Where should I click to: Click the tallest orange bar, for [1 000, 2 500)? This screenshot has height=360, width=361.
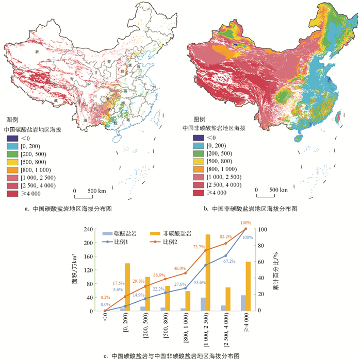click(x=208, y=272)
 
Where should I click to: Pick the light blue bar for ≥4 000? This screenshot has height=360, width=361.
click(x=243, y=303)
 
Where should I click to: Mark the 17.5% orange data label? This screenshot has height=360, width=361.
click(x=119, y=283)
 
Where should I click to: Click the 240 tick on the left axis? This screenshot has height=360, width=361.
click(x=88, y=229)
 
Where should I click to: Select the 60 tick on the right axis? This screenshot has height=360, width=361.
click(x=262, y=262)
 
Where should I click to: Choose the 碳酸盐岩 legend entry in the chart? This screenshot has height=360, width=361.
click(x=122, y=233)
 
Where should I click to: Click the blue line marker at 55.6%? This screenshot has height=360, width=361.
click(x=206, y=265)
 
